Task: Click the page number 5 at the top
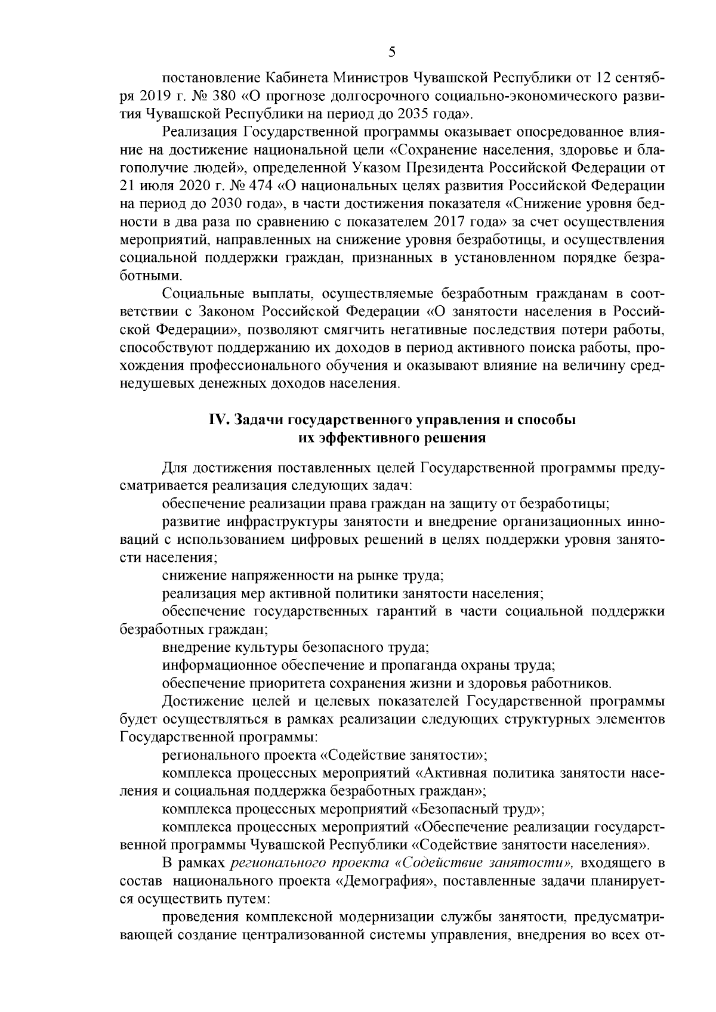point(392,51)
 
